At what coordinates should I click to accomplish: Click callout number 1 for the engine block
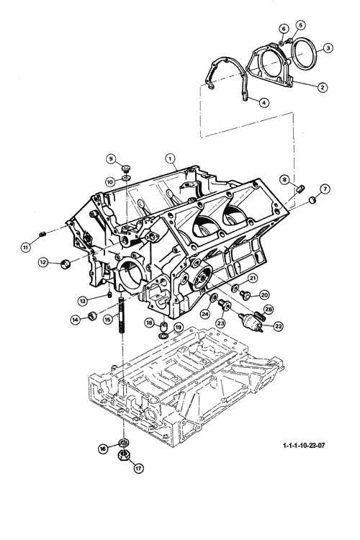[170, 159]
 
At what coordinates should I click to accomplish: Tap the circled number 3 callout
[328, 48]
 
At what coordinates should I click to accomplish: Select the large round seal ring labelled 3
[303, 55]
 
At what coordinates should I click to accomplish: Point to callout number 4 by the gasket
[264, 102]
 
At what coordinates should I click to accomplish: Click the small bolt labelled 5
[289, 40]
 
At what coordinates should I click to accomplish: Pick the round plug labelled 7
[312, 199]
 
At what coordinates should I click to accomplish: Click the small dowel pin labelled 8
[300, 189]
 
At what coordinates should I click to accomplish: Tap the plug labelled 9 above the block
[127, 168]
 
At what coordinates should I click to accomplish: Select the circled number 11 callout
[26, 247]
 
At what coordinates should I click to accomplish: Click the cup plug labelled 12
[66, 264]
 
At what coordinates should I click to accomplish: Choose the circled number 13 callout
[82, 301]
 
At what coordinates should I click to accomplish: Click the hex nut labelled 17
[124, 456]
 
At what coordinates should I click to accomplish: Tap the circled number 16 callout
[103, 449]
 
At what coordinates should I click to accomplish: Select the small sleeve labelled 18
[165, 325]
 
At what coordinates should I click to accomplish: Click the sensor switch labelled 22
[251, 321]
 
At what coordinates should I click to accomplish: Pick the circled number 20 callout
[264, 294]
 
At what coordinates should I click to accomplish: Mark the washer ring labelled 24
[214, 297]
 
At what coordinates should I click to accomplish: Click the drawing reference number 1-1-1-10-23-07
[304, 445]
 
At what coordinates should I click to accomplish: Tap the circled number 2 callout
[323, 87]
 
